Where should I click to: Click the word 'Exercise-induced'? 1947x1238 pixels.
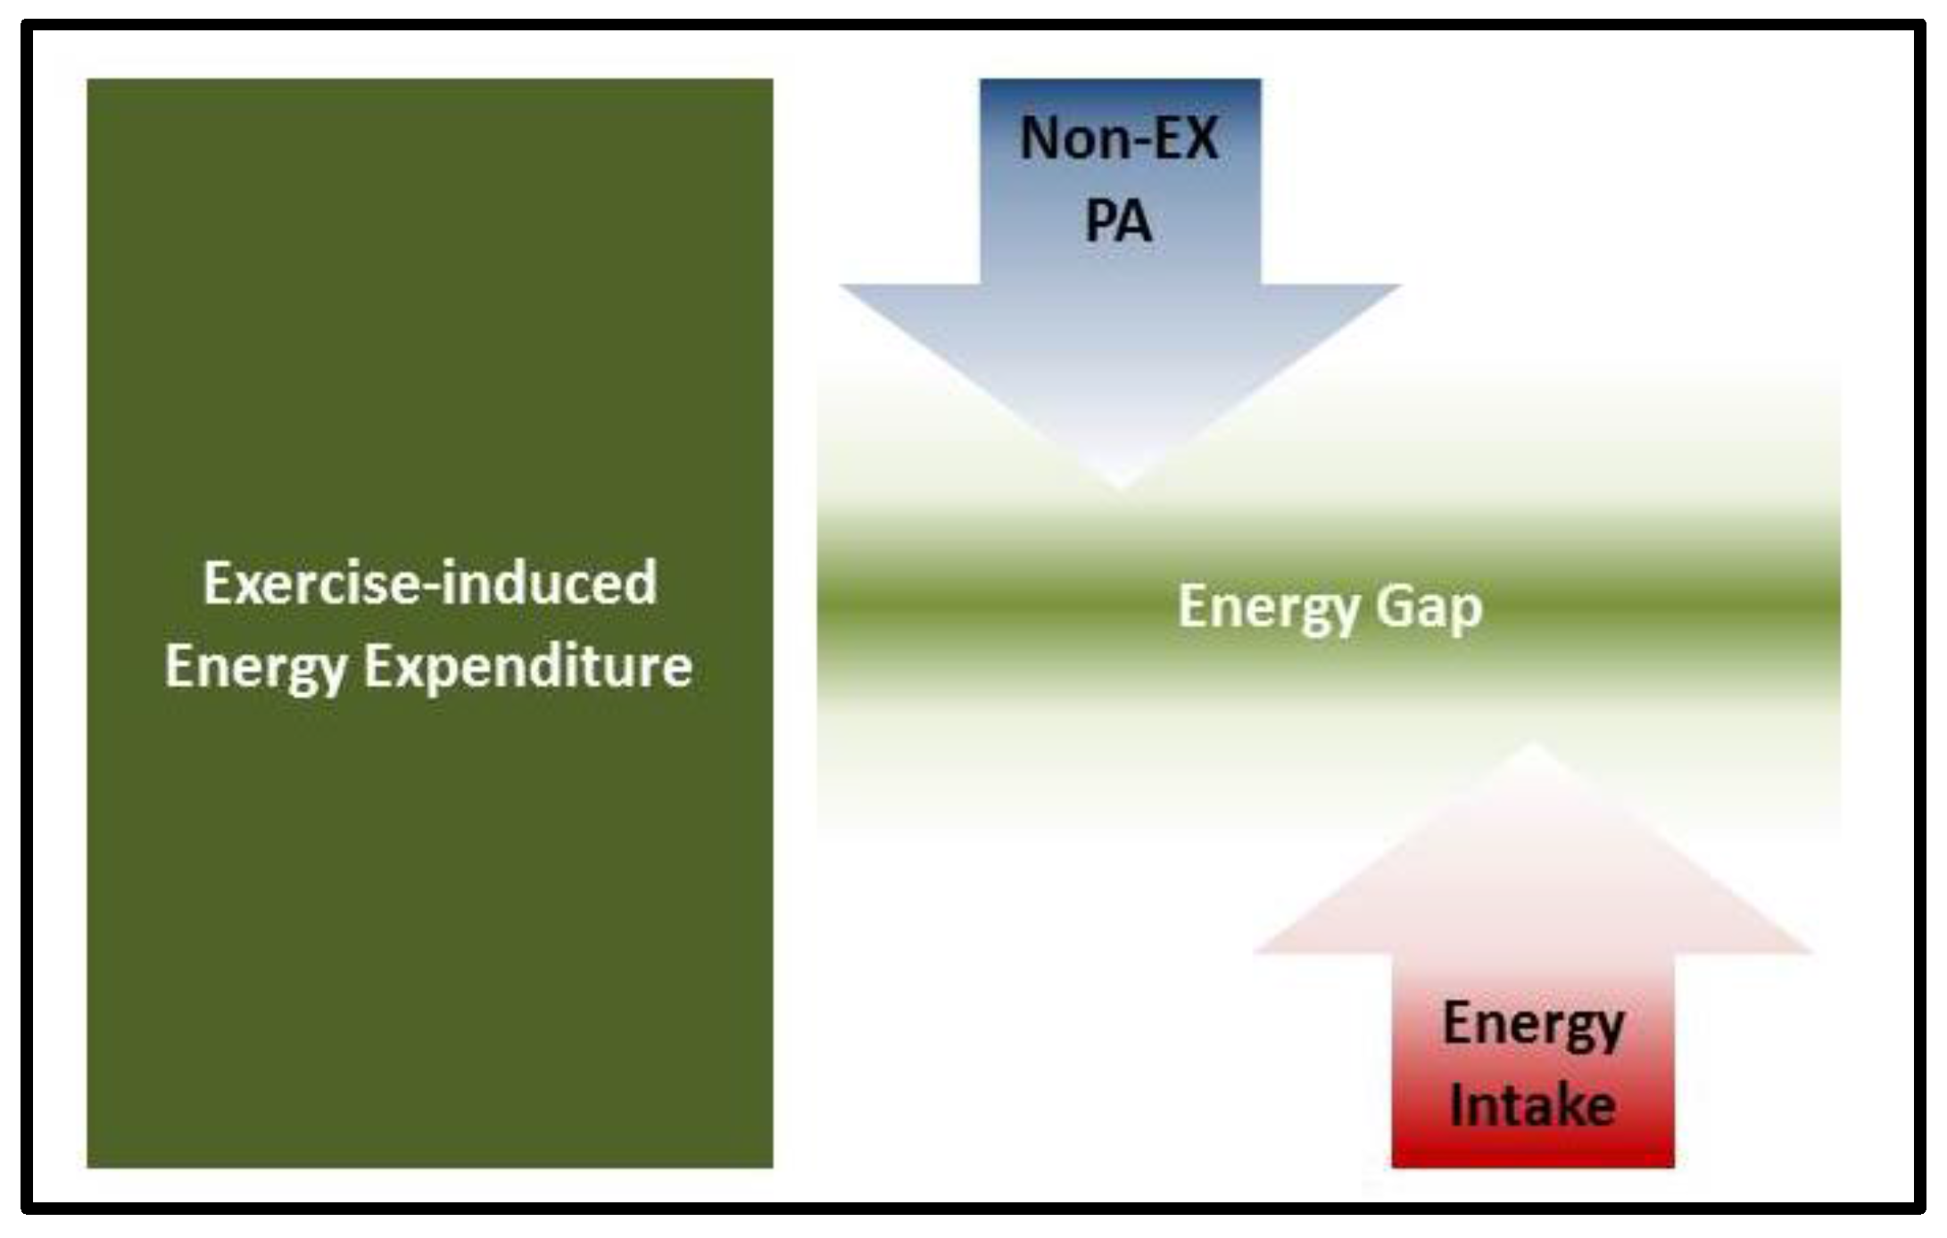(x=430, y=583)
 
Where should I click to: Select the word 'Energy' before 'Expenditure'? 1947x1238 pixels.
(x=255, y=667)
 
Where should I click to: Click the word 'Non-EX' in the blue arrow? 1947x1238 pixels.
(x=1119, y=139)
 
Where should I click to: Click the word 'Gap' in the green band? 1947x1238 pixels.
(x=1429, y=608)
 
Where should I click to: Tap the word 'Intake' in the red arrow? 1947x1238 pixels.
(x=1533, y=1106)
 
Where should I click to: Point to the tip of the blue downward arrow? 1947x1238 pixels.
(x=1121, y=486)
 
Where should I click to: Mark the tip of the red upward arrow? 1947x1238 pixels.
(x=1533, y=745)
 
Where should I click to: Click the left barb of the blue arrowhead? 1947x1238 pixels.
(x=848, y=287)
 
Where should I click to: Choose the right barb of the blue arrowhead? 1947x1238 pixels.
(x=1394, y=287)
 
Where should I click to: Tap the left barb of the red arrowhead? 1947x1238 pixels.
(x=1260, y=951)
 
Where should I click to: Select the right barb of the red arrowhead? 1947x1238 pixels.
(x=1806, y=951)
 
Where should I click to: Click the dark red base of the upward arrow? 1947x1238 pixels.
(x=1533, y=1158)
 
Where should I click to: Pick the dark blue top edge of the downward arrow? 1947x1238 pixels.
(x=1121, y=84)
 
